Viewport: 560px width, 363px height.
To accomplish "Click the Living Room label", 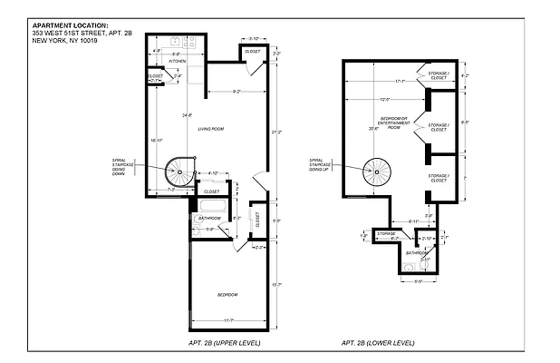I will pyautogui.click(x=211, y=129).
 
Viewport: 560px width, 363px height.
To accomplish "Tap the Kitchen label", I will pyautogui.click(x=188, y=62).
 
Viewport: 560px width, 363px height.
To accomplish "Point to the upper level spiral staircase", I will pyautogui.click(x=179, y=170).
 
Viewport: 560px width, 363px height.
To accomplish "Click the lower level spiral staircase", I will pyautogui.click(x=375, y=170).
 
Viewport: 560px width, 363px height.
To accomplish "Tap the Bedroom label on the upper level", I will pyautogui.click(x=227, y=295).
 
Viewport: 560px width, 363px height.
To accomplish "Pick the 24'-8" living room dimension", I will pyautogui.click(x=187, y=115).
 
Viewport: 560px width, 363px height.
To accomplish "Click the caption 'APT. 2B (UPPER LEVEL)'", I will pyautogui.click(x=227, y=343).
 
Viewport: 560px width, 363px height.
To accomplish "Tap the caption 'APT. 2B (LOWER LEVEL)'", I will pyautogui.click(x=378, y=343).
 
